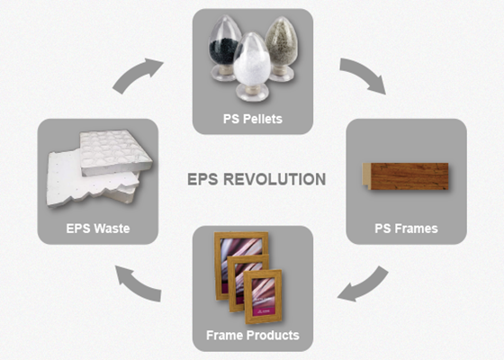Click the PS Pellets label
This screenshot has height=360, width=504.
(x=253, y=119)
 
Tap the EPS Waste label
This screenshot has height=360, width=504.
(x=98, y=229)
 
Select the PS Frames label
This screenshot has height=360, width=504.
(x=406, y=229)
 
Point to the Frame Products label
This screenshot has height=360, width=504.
(x=253, y=335)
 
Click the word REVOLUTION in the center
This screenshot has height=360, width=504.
(x=274, y=179)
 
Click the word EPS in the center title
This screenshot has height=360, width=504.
(x=203, y=179)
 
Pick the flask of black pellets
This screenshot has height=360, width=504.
(x=224, y=48)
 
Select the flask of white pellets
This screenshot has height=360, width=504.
(x=251, y=66)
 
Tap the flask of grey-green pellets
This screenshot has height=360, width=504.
(x=281, y=49)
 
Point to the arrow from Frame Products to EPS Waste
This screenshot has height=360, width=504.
(x=137, y=284)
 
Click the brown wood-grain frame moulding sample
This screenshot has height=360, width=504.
(x=406, y=176)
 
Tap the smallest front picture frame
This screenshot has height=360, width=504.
(x=263, y=297)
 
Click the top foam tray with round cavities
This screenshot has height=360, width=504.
(x=115, y=152)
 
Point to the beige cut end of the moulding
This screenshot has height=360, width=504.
(x=366, y=176)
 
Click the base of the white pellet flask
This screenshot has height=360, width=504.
(x=251, y=94)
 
